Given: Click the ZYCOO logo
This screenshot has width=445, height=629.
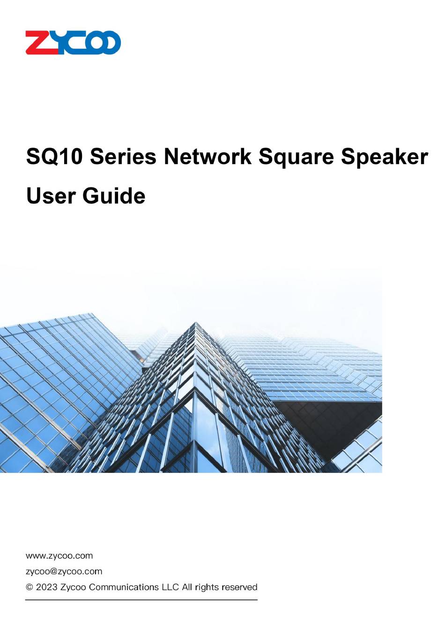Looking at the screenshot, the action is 73,42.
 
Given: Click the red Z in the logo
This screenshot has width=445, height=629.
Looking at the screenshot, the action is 42,42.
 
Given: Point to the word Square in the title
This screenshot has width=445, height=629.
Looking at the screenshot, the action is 296,158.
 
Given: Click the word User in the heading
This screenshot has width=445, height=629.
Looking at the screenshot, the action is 51,196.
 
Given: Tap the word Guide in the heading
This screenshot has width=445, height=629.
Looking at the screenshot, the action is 114,196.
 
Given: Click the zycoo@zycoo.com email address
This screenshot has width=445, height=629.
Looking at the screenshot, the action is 64,571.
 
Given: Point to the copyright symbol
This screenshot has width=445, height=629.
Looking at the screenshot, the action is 29,587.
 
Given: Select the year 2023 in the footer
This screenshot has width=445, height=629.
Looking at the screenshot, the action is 47,587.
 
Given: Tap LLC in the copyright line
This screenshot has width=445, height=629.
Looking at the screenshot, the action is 171,587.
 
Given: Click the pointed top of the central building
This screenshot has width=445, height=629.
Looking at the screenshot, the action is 195,322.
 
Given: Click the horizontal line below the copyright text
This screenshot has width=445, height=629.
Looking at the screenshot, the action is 141,600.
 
